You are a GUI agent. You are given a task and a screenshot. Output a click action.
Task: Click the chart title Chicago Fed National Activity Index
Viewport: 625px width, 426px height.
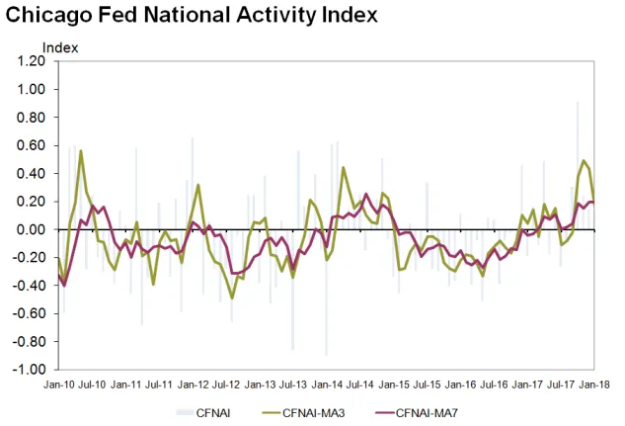[x=191, y=17]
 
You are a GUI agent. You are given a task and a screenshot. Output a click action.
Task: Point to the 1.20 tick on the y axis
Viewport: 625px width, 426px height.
[x=31, y=61]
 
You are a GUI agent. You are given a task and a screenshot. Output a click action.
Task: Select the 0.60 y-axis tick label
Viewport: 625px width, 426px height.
[x=31, y=145]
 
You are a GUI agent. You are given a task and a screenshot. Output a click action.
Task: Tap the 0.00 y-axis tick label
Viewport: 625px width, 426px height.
[x=31, y=229]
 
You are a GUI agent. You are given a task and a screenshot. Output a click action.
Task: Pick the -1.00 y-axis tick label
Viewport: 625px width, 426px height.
[x=29, y=370]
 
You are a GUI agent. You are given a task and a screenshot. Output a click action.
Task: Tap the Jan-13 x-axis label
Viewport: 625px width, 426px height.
[x=260, y=383]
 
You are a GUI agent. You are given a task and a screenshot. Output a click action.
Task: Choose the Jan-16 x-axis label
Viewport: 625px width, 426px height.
[x=460, y=383]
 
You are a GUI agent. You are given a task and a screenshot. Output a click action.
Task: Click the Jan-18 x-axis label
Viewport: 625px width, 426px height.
[x=593, y=383]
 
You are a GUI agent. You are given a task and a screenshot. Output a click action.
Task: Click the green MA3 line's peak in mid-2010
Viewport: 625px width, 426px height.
[x=81, y=151]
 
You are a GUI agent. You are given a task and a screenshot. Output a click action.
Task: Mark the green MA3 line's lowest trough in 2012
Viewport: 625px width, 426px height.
[x=232, y=298]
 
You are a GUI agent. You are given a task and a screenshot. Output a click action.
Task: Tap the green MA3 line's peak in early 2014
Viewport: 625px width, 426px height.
[x=344, y=167]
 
